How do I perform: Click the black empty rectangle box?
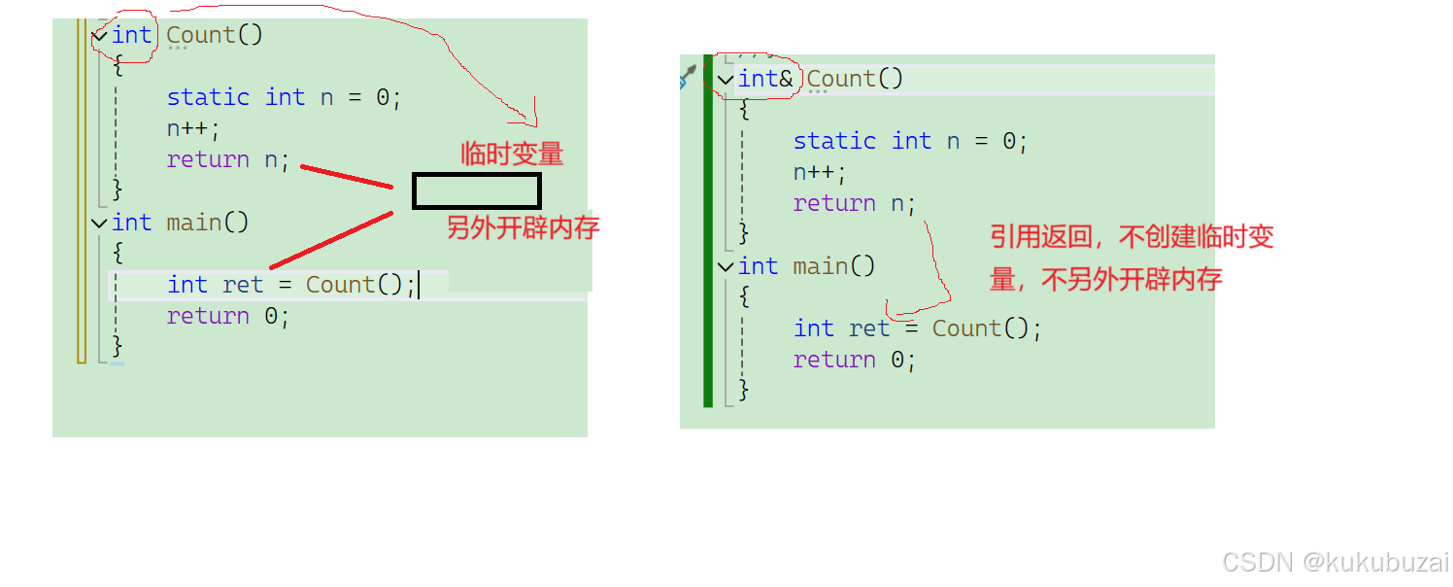point(476,191)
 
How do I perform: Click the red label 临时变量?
point(512,154)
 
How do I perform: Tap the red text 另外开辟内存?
point(523,227)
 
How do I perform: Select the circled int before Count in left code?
point(132,35)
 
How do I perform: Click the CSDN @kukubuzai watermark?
point(1335,562)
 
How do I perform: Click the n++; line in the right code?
point(820,172)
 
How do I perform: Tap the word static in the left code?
point(208,97)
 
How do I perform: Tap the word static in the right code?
point(834,141)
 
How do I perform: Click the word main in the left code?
point(194,223)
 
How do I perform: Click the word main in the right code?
point(821,266)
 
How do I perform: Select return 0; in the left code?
point(228,316)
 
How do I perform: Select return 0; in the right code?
point(855,360)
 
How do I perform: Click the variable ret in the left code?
point(243,285)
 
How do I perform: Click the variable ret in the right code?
point(869,328)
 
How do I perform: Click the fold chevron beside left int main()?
point(99,223)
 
